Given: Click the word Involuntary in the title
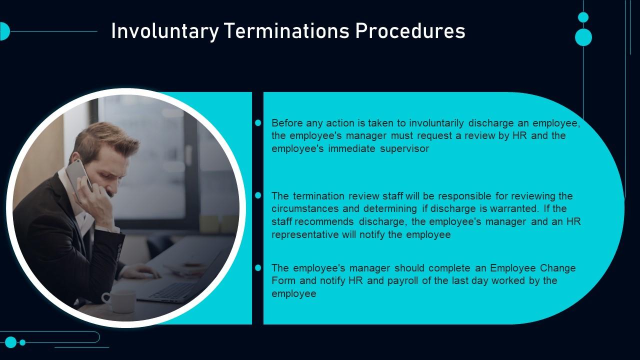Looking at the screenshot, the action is click(165, 31).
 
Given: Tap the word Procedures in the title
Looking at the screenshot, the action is click(410, 31).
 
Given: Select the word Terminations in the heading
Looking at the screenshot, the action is click(287, 31).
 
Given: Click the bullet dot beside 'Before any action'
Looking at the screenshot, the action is click(258, 123).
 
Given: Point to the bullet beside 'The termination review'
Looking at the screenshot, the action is click(258, 195).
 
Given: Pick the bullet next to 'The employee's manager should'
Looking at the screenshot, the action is click(258, 267).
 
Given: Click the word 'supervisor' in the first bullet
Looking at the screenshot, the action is click(404, 149).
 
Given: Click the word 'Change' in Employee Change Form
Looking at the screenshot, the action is click(557, 268).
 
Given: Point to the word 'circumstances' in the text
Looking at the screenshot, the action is click(305, 209).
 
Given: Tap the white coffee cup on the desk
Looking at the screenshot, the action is click(120, 301).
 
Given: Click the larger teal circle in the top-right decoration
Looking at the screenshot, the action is click(583, 37).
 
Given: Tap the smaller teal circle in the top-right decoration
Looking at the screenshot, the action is click(583, 17).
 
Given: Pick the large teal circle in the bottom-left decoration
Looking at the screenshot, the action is click(11, 342).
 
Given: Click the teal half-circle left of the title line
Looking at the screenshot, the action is click(5, 31).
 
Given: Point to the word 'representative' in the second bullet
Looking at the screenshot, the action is click(305, 235).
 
